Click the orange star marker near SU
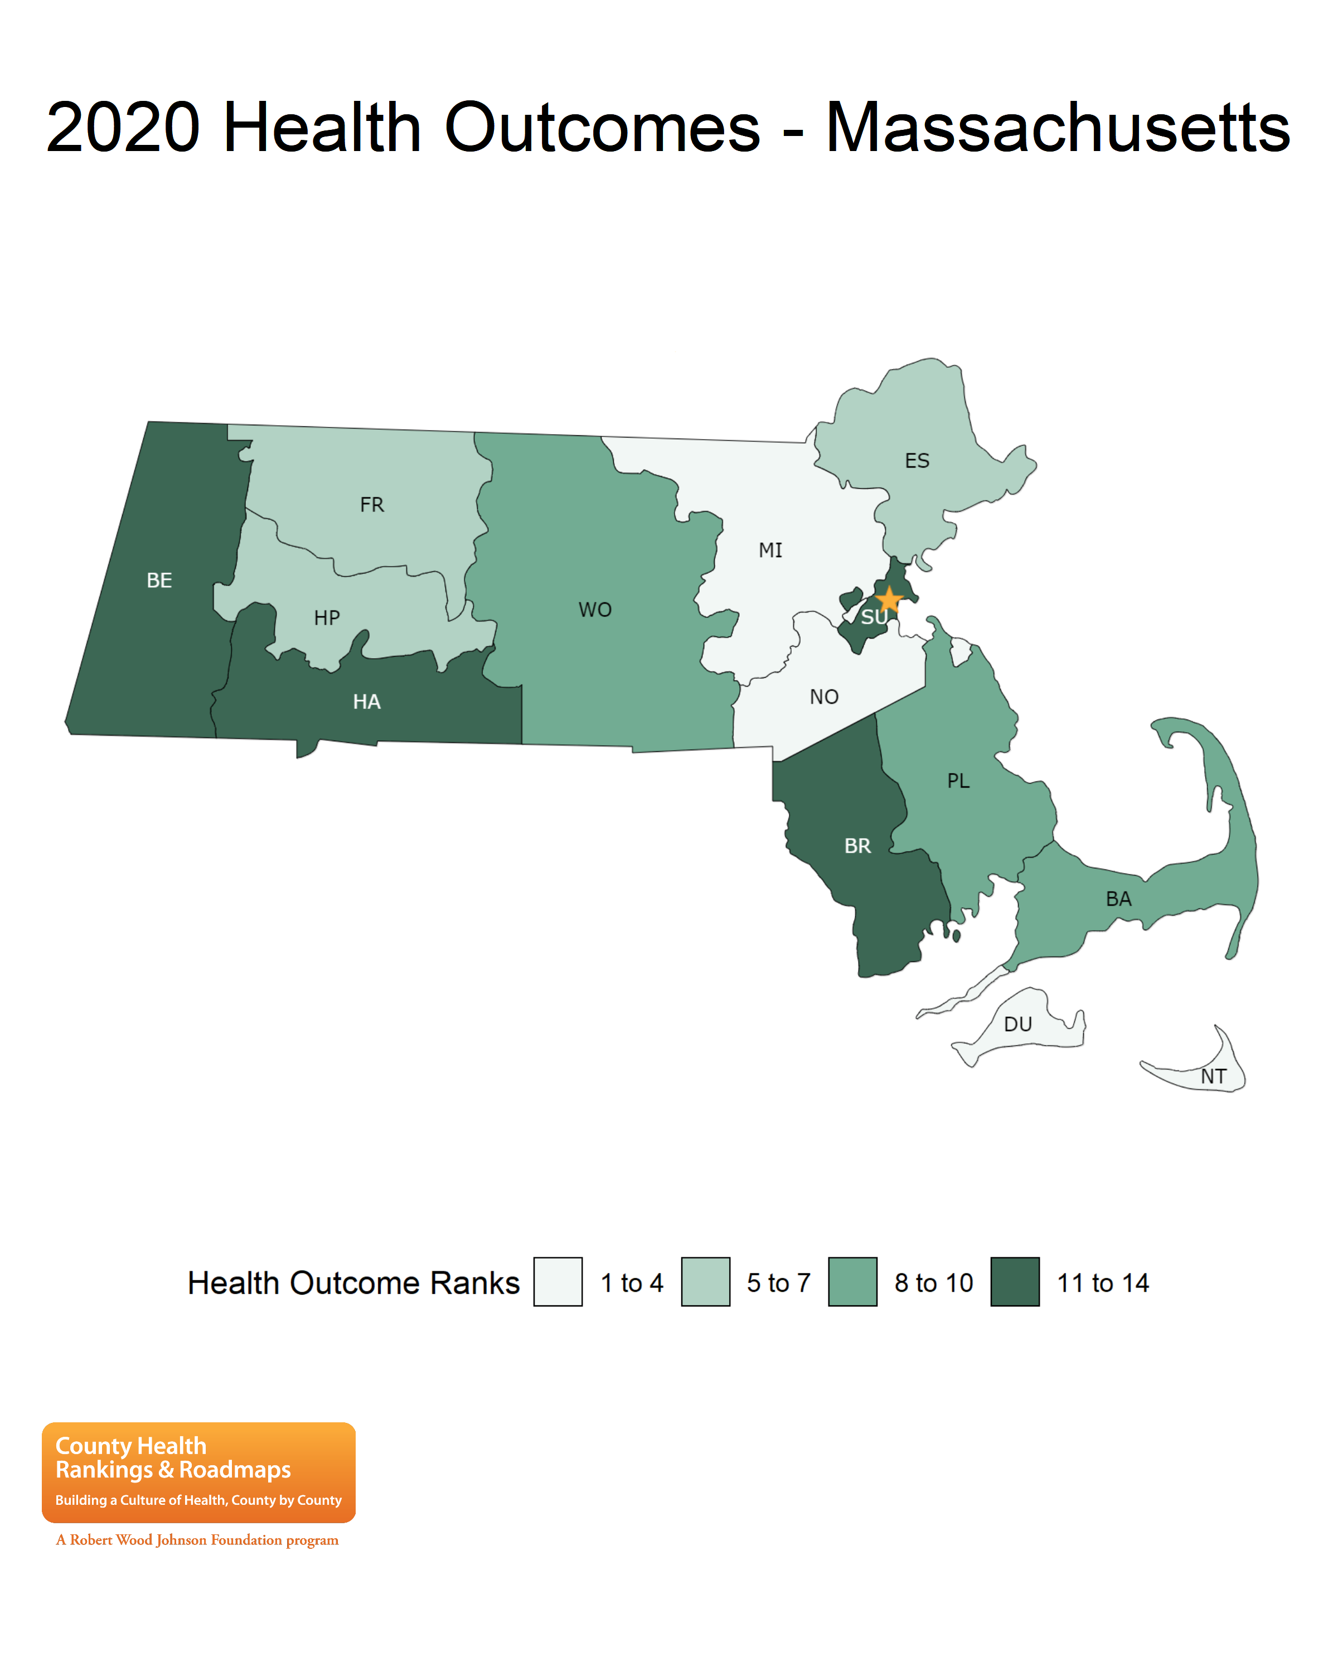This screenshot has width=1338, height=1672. click(889, 600)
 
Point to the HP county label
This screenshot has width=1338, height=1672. click(327, 618)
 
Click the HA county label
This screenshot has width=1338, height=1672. click(366, 702)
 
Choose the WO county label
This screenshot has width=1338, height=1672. click(595, 610)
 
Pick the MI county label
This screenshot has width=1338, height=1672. click(770, 551)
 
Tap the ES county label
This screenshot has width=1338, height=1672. click(917, 461)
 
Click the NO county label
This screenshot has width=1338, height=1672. click(824, 697)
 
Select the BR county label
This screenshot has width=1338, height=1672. click(857, 846)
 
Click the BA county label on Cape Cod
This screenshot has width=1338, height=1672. click(1118, 899)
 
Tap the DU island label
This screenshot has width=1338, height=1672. click(1017, 1024)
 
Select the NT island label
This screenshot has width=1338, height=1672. click(1213, 1076)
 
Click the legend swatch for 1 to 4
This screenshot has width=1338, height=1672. click(557, 1282)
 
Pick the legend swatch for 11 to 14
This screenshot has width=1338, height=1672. click(1015, 1282)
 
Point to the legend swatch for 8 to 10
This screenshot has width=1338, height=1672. click(852, 1282)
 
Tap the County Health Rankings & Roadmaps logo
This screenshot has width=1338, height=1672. click(198, 1472)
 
